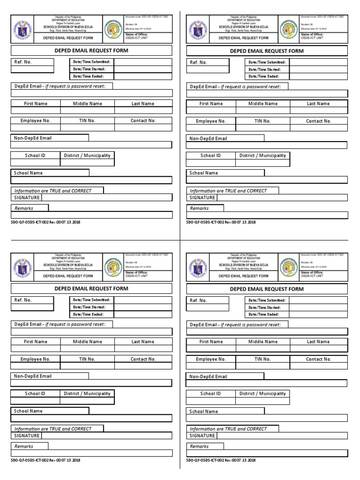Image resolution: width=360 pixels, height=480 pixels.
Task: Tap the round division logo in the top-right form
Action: [289, 29]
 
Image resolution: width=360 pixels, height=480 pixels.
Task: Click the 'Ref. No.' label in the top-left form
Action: [23, 62]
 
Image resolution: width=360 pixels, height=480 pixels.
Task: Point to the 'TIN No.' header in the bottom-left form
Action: [87, 359]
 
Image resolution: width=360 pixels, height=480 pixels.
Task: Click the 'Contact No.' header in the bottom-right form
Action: [318, 359]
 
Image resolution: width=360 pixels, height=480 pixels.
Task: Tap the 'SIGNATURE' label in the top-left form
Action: [26, 197]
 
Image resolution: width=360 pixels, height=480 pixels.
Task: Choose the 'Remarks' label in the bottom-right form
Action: [199, 446]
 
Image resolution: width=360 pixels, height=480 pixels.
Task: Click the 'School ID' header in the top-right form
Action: [210, 156]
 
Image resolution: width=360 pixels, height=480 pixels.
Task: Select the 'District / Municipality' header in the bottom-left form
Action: [87, 394]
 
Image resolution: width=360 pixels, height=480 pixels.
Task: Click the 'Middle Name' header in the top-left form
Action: [87, 104]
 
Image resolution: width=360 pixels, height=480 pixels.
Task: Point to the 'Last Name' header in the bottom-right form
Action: [318, 342]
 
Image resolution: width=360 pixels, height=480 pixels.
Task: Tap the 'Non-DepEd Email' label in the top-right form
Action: [208, 139]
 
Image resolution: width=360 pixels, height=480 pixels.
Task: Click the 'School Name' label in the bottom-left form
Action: [28, 411]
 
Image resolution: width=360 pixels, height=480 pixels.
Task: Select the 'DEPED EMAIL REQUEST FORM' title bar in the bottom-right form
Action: [267, 289]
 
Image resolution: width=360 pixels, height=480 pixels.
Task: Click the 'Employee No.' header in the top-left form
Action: [35, 121]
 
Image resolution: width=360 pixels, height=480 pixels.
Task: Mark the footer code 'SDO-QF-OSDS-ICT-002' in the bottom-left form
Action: [45, 460]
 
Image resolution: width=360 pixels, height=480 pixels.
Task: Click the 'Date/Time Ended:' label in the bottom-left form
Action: [89, 314]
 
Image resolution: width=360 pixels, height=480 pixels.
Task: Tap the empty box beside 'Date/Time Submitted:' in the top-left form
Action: [143, 62]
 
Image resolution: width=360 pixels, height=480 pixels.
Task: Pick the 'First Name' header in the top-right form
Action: [211, 104]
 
